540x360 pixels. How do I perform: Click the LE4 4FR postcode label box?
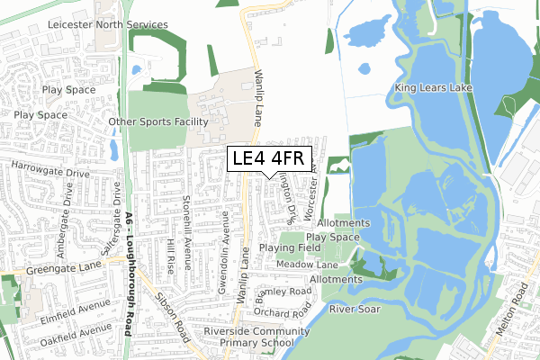[x=270, y=159]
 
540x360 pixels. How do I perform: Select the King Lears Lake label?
[x=432, y=87]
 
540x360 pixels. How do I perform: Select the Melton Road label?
[x=517, y=320]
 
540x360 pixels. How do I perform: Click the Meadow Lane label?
[x=306, y=265]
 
